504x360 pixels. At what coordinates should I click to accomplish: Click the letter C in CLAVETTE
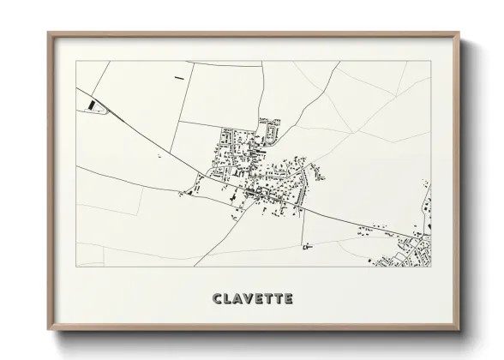(216, 299)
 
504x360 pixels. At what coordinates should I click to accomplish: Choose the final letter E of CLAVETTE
(288, 299)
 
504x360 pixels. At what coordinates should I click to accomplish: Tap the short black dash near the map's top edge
(178, 78)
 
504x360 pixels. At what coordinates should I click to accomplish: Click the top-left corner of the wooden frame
(49, 33)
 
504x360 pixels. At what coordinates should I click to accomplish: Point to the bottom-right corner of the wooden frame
(460, 330)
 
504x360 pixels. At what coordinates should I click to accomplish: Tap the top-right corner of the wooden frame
(460, 33)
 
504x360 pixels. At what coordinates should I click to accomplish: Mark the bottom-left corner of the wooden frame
(49, 330)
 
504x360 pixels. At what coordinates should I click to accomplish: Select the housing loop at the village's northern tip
(271, 129)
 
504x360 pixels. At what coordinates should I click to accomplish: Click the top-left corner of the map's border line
(76, 62)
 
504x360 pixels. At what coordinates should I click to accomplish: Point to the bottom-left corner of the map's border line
(76, 267)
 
